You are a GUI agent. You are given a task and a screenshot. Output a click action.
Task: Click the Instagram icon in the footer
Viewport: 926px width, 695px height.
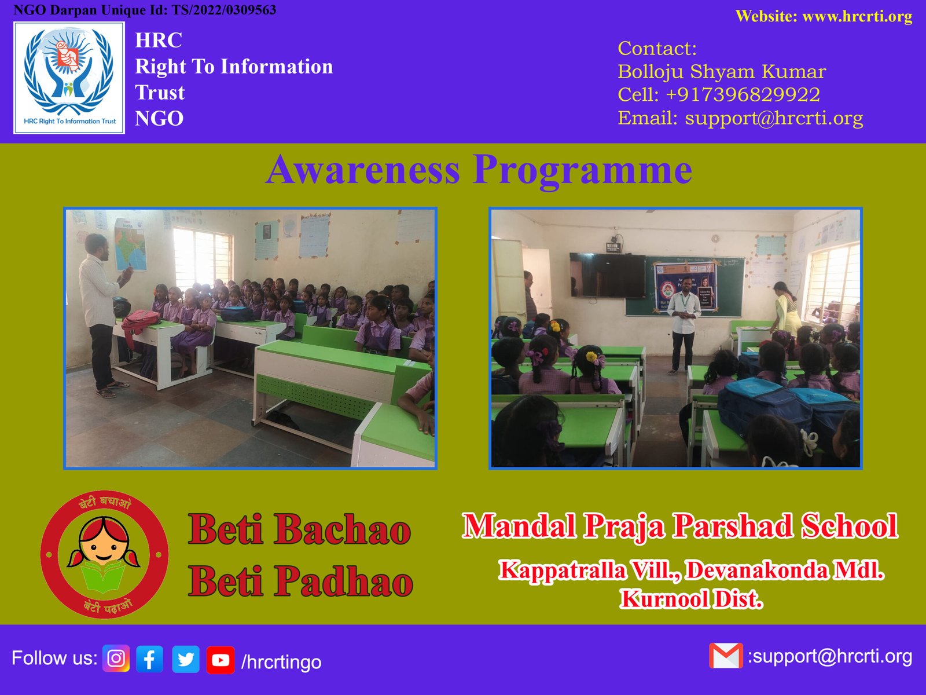(x=116, y=658)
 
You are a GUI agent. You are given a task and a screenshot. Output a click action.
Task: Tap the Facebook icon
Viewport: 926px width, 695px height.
(x=150, y=659)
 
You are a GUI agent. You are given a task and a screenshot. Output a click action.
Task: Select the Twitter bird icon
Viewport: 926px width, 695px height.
(x=186, y=659)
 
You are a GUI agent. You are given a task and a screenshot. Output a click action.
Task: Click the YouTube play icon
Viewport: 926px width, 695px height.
(x=221, y=660)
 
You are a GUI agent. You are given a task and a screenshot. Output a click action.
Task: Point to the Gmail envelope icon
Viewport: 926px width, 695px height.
(x=726, y=656)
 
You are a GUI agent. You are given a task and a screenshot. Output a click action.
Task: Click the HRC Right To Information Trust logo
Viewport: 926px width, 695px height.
(x=69, y=78)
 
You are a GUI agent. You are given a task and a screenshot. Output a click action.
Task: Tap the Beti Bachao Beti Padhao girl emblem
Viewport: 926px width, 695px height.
(x=104, y=554)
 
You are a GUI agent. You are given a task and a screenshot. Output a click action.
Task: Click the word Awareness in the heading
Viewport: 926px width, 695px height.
(x=362, y=170)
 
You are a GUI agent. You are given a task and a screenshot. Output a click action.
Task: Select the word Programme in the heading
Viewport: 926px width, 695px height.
(x=582, y=171)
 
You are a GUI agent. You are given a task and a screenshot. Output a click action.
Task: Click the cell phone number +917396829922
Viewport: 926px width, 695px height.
(x=743, y=94)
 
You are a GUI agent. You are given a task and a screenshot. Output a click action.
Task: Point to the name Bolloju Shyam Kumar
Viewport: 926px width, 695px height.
(x=721, y=72)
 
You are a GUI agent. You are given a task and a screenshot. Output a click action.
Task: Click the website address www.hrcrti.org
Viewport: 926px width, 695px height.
(x=857, y=16)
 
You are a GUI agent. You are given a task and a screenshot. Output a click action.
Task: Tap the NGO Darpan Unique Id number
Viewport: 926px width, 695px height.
(x=223, y=10)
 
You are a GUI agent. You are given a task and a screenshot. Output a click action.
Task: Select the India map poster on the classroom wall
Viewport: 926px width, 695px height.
(x=130, y=244)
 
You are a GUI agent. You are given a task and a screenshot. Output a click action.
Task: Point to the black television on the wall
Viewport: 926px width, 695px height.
(x=607, y=275)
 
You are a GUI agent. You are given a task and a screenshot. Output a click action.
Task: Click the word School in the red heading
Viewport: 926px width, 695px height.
(x=850, y=526)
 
